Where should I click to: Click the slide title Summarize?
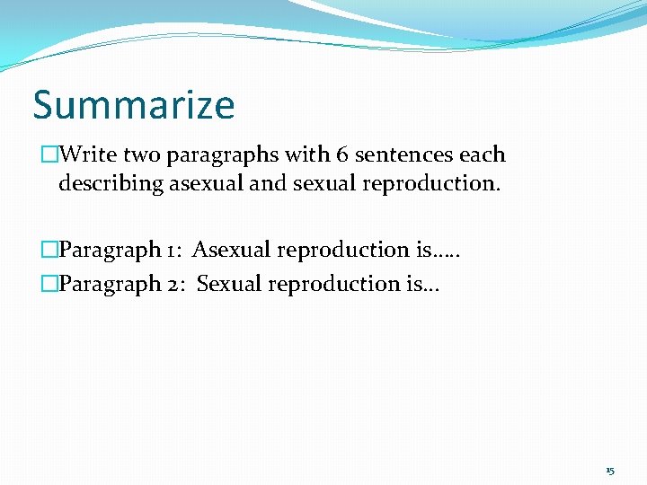tap(134, 104)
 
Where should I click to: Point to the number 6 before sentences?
tap(342, 154)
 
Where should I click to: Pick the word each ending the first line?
tap(483, 154)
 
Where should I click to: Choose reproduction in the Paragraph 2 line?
tap(332, 285)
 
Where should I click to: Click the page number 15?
tap(610, 471)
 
